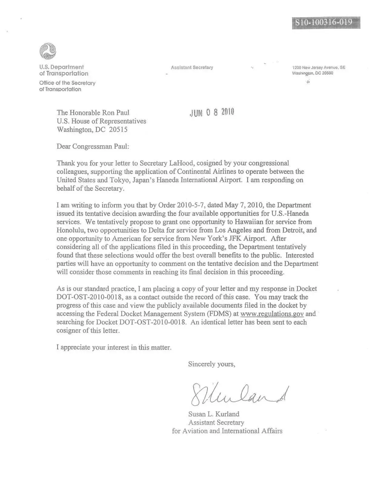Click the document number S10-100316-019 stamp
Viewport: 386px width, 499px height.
click(x=326, y=23)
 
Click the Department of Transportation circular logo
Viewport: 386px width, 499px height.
click(x=48, y=51)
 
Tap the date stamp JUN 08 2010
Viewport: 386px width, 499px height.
click(x=212, y=113)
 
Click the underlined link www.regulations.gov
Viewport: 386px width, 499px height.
click(x=272, y=314)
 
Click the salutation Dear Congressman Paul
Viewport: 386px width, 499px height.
click(x=93, y=147)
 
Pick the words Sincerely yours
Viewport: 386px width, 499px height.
click(x=211, y=364)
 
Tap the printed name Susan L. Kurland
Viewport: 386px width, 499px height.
click(x=213, y=414)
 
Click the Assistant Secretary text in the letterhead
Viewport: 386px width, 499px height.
click(x=192, y=67)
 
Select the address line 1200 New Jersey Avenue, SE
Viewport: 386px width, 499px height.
click(x=318, y=67)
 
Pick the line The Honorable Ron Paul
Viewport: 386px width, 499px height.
click(x=93, y=113)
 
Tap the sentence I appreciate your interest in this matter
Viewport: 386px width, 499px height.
click(x=114, y=347)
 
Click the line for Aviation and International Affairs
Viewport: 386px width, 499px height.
click(x=227, y=431)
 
